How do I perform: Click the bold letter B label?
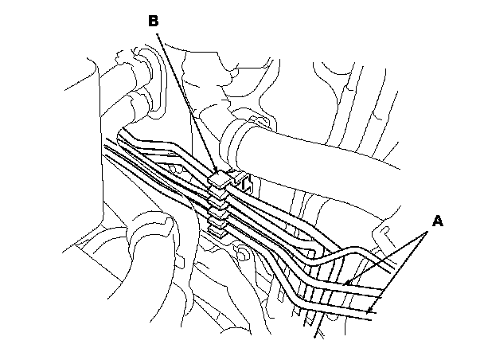[154, 22]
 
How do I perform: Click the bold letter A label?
[435, 221]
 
